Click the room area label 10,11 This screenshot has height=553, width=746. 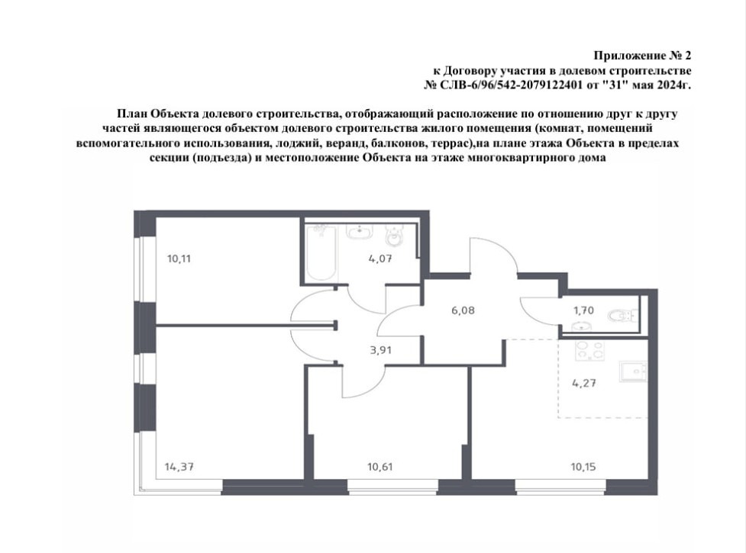pyautogui.click(x=179, y=259)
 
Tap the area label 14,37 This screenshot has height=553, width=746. pyautogui.click(x=179, y=467)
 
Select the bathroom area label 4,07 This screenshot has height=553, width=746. pyautogui.click(x=380, y=259)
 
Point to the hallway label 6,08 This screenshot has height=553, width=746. pyautogui.click(x=463, y=310)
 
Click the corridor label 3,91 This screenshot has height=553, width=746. pyautogui.click(x=380, y=351)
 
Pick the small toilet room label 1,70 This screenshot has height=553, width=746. pyautogui.click(x=583, y=310)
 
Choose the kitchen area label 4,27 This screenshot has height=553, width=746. pyautogui.click(x=584, y=383)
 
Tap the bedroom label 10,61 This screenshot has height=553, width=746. pyautogui.click(x=380, y=467)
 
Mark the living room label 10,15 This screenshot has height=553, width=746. pyautogui.click(x=583, y=467)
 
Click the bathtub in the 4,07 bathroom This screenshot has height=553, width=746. pyautogui.click(x=321, y=252)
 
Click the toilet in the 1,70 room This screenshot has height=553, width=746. pyautogui.click(x=623, y=315)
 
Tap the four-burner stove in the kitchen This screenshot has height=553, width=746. pyautogui.click(x=590, y=351)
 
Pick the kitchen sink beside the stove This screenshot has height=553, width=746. pyautogui.click(x=633, y=371)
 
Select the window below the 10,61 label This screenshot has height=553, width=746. pyautogui.click(x=393, y=487)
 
